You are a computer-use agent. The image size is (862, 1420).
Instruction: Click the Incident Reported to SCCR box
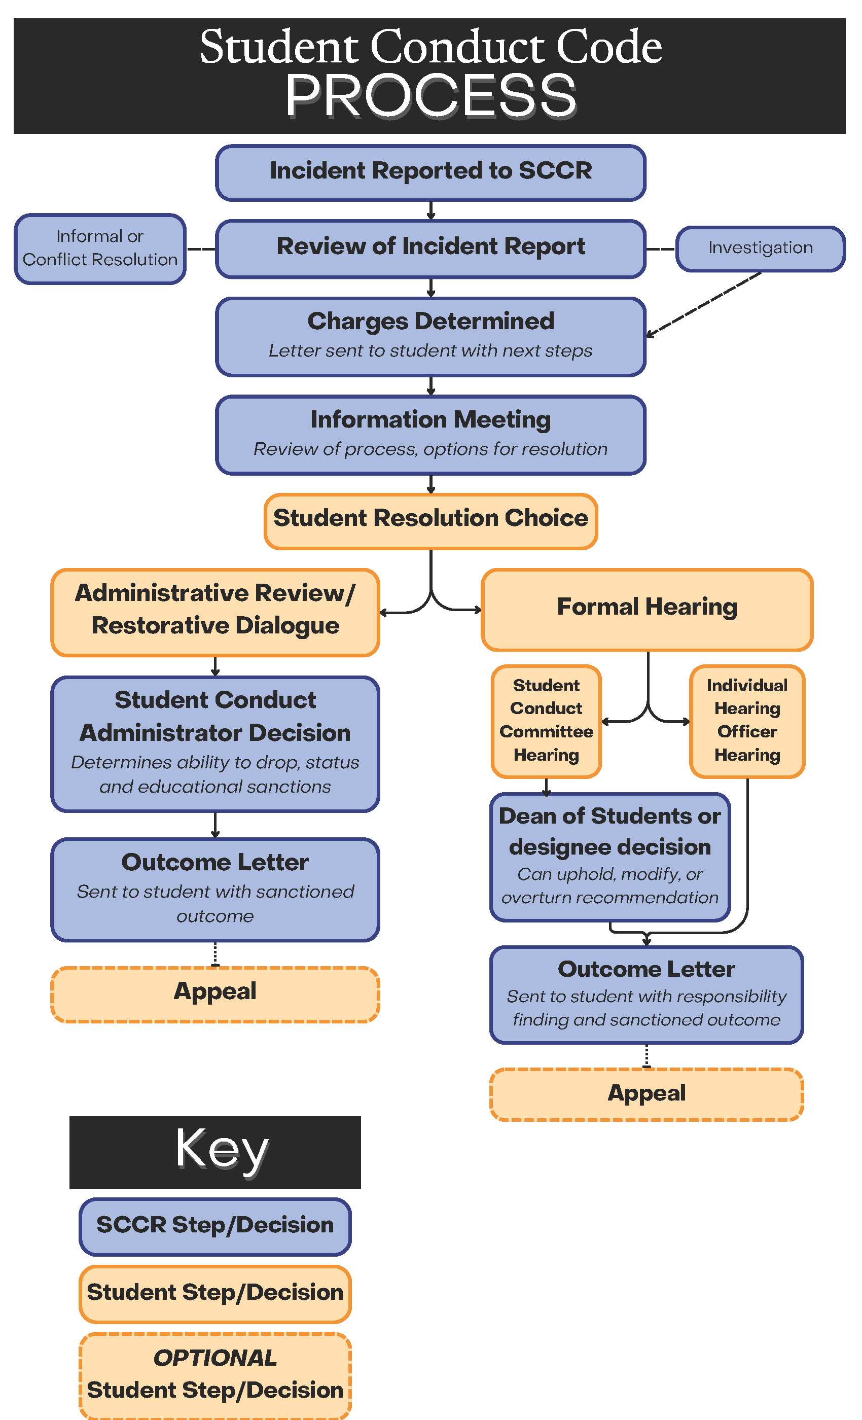coord(430,172)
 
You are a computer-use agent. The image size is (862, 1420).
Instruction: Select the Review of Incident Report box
coord(430,248)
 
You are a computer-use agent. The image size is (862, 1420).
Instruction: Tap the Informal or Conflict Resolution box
coord(100,248)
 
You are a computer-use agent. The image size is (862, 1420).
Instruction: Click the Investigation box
coord(760,248)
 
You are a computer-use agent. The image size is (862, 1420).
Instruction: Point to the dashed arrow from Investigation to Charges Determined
coord(704,304)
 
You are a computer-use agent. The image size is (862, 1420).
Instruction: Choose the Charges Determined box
coord(430,337)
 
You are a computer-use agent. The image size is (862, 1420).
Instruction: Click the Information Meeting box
coord(430,435)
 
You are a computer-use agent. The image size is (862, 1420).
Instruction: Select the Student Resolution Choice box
coord(430,521)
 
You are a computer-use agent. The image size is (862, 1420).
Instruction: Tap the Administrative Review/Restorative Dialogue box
coord(215,612)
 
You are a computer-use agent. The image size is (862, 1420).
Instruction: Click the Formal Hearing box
coord(646,610)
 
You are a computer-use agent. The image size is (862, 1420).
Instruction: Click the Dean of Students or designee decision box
coord(609,857)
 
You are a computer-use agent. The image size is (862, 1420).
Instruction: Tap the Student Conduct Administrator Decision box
coord(215,744)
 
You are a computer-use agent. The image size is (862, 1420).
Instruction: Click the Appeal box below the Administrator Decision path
coord(215,994)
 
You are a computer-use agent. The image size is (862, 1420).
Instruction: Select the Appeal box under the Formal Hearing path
coord(646,1094)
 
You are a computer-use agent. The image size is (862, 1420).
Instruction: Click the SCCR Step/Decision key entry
coord(215,1226)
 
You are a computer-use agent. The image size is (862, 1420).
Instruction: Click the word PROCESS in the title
coord(430,96)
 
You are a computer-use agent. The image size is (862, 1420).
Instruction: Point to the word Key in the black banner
coord(222,1150)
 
